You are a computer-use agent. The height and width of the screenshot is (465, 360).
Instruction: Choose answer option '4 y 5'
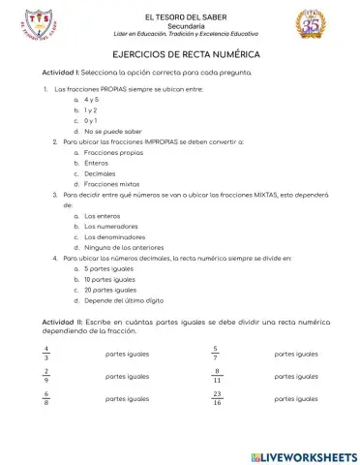(x=93, y=100)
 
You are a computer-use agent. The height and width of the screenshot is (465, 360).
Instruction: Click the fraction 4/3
(x=45, y=354)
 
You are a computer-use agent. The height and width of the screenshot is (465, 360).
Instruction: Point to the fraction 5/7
(x=217, y=354)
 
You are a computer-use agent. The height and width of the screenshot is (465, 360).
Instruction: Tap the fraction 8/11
(x=218, y=376)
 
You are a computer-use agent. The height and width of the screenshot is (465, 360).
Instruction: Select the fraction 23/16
(x=218, y=398)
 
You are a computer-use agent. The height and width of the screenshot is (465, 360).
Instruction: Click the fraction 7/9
(x=45, y=376)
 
